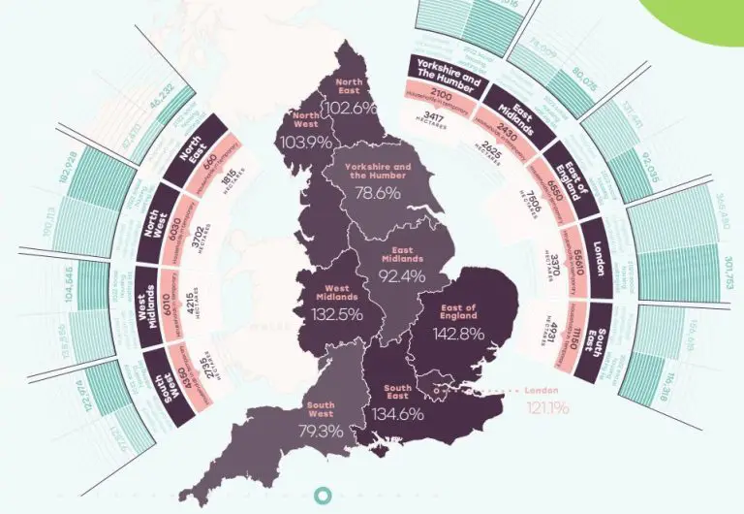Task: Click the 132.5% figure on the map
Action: (x=338, y=314)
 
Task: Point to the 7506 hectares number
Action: (x=534, y=211)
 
